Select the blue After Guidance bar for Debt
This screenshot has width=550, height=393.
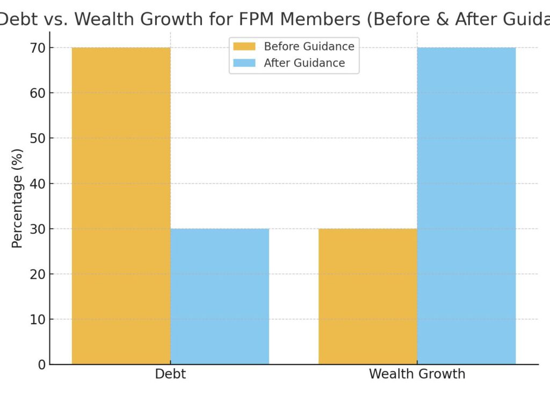point(220,296)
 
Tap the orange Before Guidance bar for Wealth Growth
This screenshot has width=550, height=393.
point(367,296)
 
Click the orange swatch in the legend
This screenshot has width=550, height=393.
point(244,46)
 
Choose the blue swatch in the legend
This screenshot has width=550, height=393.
point(244,63)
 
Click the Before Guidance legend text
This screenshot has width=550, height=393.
point(309,46)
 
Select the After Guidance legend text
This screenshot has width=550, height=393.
point(304,63)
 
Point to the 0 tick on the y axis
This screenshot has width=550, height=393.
point(41,365)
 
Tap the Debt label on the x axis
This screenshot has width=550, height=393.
point(170,374)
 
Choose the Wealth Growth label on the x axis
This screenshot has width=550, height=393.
point(417,374)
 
